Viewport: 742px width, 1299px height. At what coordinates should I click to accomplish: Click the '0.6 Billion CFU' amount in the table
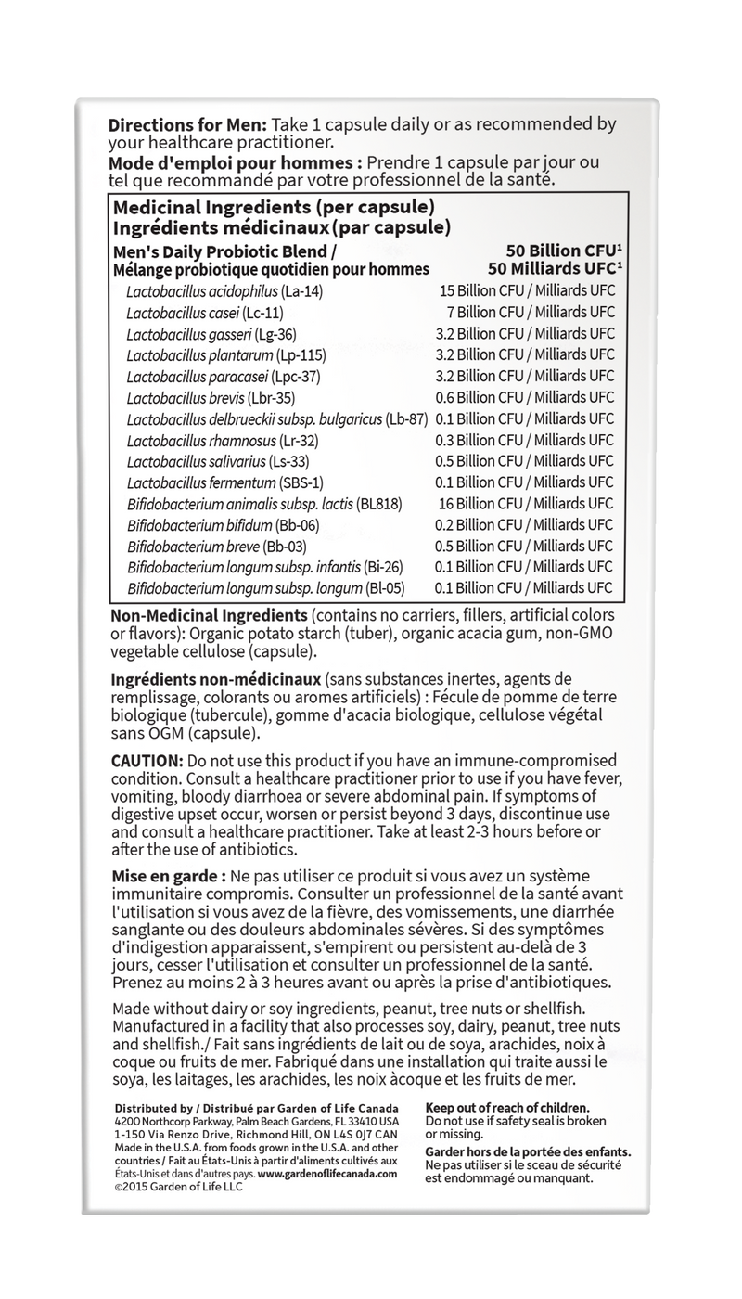pos(528,397)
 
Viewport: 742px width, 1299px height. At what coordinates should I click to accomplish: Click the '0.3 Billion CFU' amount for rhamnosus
pos(528,440)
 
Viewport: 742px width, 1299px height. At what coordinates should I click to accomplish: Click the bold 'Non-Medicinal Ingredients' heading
pos(209,616)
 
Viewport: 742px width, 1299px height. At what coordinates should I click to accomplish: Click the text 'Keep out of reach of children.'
pos(506,1108)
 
